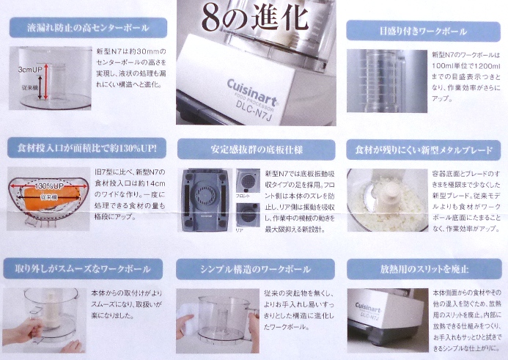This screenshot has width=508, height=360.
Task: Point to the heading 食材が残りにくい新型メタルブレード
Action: (423, 150)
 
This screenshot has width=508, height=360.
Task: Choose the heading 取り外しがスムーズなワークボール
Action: (86, 268)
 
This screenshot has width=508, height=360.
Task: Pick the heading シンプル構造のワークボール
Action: (254, 268)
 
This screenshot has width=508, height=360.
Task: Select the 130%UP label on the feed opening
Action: (45, 185)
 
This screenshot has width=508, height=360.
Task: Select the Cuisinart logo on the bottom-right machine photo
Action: (369, 306)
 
